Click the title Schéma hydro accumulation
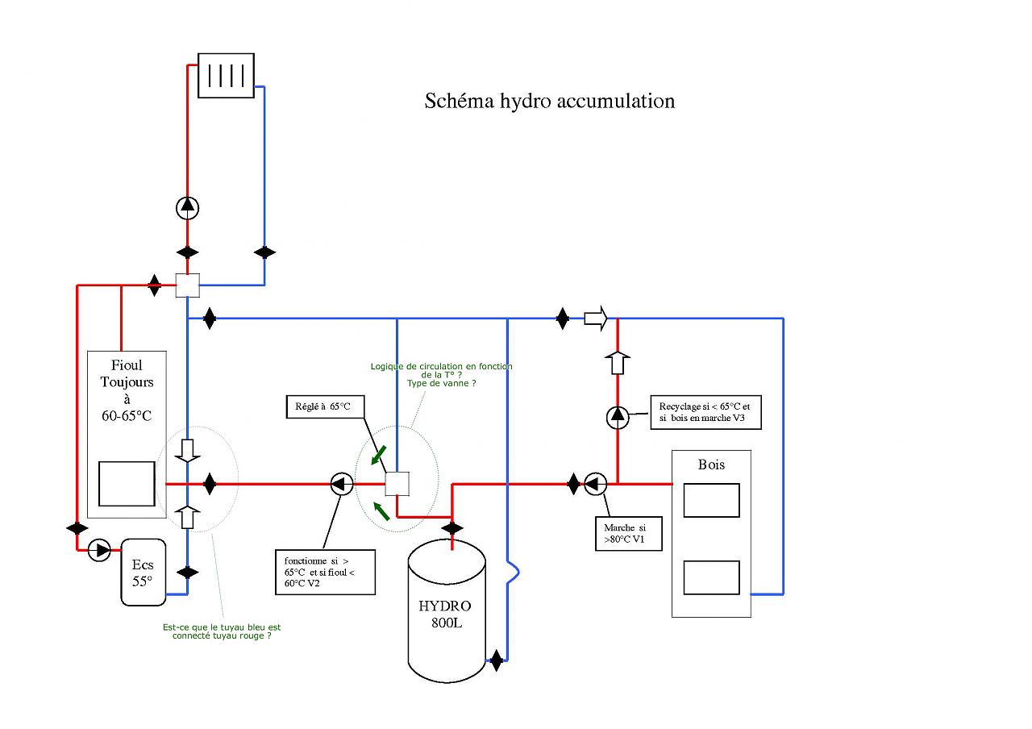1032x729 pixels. (x=549, y=101)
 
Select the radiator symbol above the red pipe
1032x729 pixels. (x=227, y=76)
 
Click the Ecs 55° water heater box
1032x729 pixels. (x=143, y=572)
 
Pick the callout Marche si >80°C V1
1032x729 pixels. (x=628, y=533)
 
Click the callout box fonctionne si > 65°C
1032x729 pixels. (x=324, y=571)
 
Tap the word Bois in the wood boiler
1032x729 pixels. (x=711, y=464)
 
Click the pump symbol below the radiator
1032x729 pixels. (x=188, y=207)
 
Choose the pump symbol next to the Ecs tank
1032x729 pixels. (x=100, y=551)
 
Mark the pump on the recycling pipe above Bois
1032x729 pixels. (x=618, y=416)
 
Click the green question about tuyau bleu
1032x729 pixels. (x=222, y=631)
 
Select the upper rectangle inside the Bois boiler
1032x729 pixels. (x=711, y=500)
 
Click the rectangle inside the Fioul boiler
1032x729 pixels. (x=127, y=484)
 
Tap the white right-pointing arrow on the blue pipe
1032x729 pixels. (x=595, y=319)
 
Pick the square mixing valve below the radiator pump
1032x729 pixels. (x=187, y=285)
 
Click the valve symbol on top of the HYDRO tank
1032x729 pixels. (x=452, y=528)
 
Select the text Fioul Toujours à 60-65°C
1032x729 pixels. (x=127, y=390)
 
